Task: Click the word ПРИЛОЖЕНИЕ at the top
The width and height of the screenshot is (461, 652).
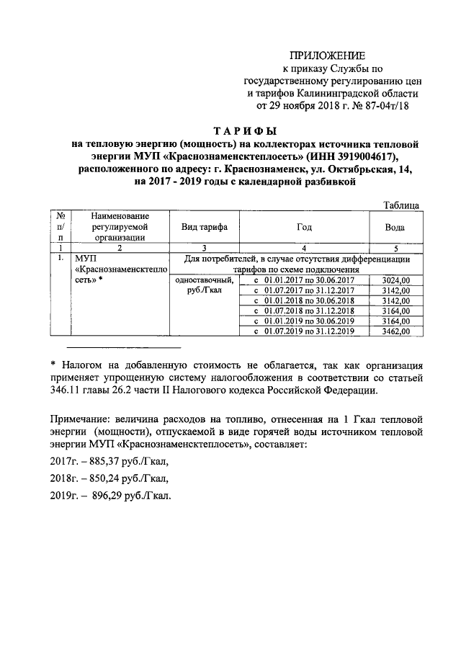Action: coord(327,55)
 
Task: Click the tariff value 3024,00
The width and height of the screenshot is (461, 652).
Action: coord(395,280)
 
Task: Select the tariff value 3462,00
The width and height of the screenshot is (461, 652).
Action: coord(395,331)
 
